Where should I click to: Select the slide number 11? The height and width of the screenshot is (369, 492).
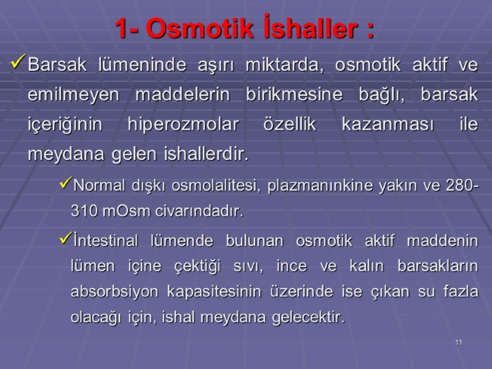[458, 342]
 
